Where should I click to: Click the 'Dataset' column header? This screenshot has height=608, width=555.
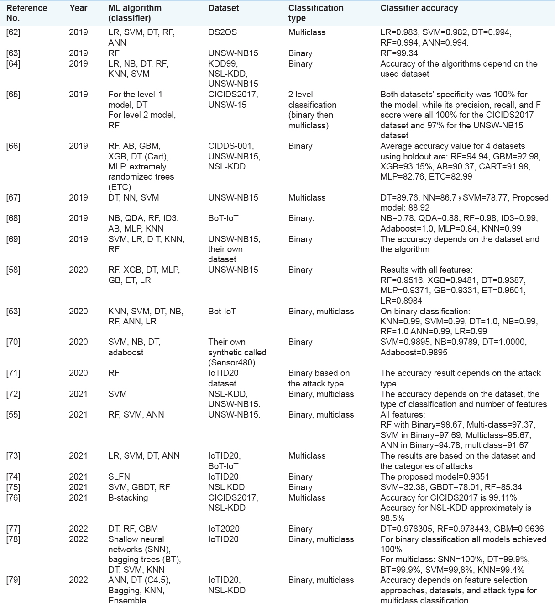[222, 8]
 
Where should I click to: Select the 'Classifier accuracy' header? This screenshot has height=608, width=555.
[419, 8]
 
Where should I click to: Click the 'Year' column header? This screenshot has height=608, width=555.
[78, 8]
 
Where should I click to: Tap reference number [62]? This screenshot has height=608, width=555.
[13, 32]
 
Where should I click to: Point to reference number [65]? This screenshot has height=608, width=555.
[13, 95]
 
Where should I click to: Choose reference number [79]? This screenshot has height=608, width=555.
[13, 580]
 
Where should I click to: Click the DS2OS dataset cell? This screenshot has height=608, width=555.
[224, 32]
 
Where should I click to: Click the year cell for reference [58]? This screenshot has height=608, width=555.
[78, 270]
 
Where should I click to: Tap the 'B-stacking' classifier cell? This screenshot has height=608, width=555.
[128, 497]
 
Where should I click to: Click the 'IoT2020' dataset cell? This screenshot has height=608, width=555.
[224, 529]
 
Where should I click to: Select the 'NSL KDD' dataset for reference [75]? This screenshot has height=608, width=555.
[226, 487]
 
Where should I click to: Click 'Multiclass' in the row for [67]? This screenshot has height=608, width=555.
[307, 198]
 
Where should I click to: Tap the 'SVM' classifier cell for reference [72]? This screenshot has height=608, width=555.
[117, 394]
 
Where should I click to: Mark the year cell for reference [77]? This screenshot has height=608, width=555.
[78, 529]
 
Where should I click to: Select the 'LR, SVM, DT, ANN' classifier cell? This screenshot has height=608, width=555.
[144, 456]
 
